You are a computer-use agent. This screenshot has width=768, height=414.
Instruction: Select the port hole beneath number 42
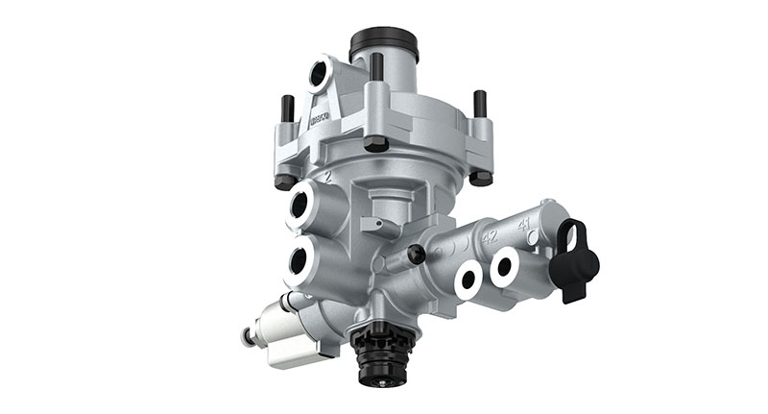coord(468,280)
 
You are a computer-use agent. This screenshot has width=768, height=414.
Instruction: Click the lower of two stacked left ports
coord(300,259)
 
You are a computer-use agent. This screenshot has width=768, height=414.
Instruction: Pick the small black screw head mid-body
coord(416,254)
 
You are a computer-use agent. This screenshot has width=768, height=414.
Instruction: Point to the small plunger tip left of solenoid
coord(248,336)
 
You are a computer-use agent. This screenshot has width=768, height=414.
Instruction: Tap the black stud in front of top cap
coord(376,69)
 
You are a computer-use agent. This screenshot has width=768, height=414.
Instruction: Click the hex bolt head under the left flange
coord(284,181)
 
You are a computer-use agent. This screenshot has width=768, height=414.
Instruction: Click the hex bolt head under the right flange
coord(481,178)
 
